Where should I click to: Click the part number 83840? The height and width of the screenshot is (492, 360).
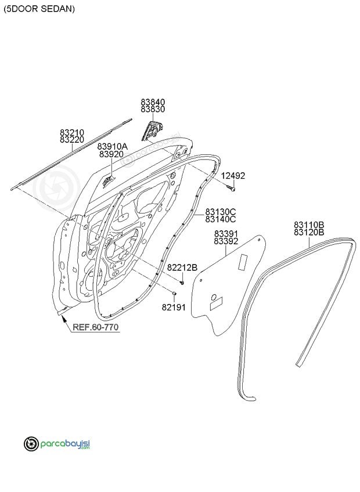(x=153, y=102)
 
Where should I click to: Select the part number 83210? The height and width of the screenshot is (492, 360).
(x=72, y=132)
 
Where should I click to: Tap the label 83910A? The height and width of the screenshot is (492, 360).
(x=112, y=147)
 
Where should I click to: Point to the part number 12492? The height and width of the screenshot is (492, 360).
(x=233, y=176)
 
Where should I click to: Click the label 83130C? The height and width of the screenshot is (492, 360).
(x=221, y=212)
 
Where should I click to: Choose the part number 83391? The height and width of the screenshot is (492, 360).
(x=226, y=234)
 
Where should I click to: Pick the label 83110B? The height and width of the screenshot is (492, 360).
(x=309, y=225)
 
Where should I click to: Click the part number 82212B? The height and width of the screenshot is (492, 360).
(x=182, y=267)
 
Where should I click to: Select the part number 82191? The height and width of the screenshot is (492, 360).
(x=174, y=307)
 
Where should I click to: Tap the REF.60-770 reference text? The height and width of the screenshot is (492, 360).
(x=95, y=327)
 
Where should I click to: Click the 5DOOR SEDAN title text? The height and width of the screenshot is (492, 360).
(x=39, y=9)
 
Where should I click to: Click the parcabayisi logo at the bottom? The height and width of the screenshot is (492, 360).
(x=57, y=444)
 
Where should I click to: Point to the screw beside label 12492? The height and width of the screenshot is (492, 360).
(x=231, y=188)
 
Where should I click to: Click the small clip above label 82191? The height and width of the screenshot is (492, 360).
(x=174, y=294)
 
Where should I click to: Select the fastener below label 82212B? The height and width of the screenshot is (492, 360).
(x=182, y=283)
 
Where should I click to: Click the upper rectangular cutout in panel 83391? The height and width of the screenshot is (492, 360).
(x=243, y=263)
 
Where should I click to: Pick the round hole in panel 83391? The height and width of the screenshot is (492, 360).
(x=214, y=297)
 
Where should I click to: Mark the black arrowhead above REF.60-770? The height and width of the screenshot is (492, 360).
(x=63, y=319)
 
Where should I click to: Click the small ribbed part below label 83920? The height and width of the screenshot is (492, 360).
(x=109, y=182)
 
